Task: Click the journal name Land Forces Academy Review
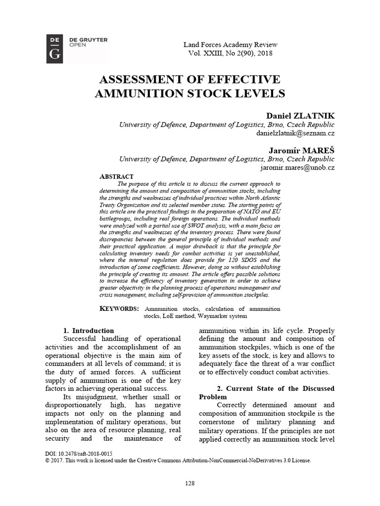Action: (x=230, y=44)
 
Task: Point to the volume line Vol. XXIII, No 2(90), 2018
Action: (x=230, y=53)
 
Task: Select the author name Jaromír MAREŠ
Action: (x=303, y=149)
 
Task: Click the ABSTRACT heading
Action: (x=117, y=176)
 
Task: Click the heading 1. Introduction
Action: (x=89, y=331)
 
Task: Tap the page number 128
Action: (x=190, y=482)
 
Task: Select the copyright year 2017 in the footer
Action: (x=58, y=460)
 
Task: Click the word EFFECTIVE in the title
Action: (x=242, y=80)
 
